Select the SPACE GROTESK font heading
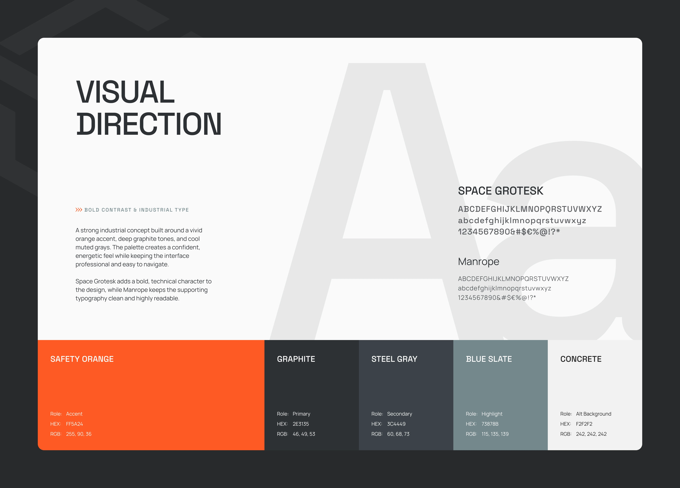(500, 191)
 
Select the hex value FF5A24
(74, 424)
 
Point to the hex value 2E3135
(301, 424)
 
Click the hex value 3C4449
(396, 424)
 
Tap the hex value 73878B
(490, 424)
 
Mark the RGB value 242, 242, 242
(591, 434)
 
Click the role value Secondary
(399, 414)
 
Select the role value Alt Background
(593, 414)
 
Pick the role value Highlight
(492, 414)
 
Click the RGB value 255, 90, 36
(79, 434)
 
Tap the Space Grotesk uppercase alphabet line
(530, 209)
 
